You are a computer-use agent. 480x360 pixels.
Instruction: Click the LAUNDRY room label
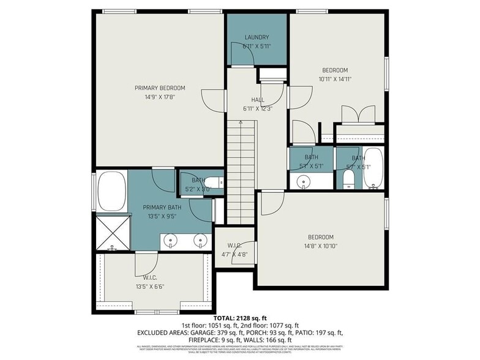point(257,37)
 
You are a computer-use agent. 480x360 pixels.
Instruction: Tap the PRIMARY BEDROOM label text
point(160,88)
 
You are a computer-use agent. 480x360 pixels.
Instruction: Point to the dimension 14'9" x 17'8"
point(160,97)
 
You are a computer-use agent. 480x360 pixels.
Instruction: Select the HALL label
point(257,100)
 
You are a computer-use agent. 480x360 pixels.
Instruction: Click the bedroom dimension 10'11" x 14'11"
point(335,78)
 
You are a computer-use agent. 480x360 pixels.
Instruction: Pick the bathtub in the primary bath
point(111,191)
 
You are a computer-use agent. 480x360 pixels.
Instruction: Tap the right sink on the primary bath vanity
point(200,241)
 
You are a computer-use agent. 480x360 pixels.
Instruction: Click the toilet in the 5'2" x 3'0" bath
point(214,182)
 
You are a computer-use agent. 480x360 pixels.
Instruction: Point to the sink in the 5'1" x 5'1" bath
point(302,181)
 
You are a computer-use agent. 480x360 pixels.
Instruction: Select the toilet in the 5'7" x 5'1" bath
point(348,179)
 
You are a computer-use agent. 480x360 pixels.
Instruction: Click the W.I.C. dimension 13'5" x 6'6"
point(149,285)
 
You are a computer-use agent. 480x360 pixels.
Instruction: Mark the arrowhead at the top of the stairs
point(241,122)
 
